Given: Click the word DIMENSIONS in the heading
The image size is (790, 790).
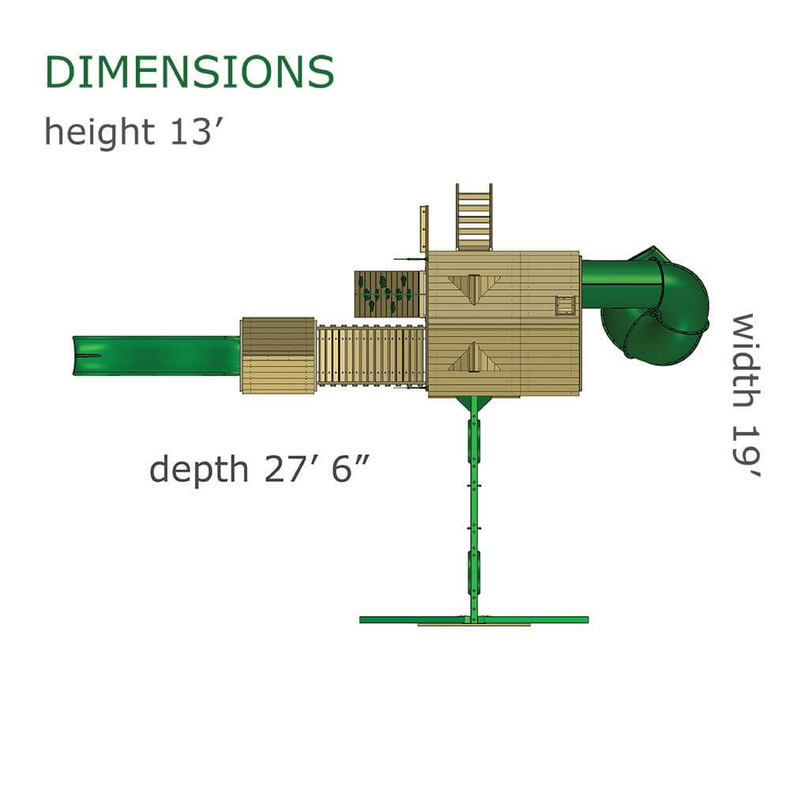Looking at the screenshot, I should coord(190,73).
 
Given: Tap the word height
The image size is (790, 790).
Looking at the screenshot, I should coord(99,131).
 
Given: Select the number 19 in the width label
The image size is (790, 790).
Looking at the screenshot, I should coord(744,450).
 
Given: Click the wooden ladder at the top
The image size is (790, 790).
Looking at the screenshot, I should coord(473,217).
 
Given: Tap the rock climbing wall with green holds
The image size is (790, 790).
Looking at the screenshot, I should coord(389,294).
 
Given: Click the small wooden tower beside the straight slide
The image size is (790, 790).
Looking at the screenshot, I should coord(278,355).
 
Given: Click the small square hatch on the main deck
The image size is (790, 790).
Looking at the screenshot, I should coord(565,305).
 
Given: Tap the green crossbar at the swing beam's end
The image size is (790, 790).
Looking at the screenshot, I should coord(474,619).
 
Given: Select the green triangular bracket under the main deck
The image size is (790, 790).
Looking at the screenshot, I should coord(473,404).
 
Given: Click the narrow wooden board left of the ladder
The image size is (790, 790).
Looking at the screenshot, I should coord(423,228).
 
